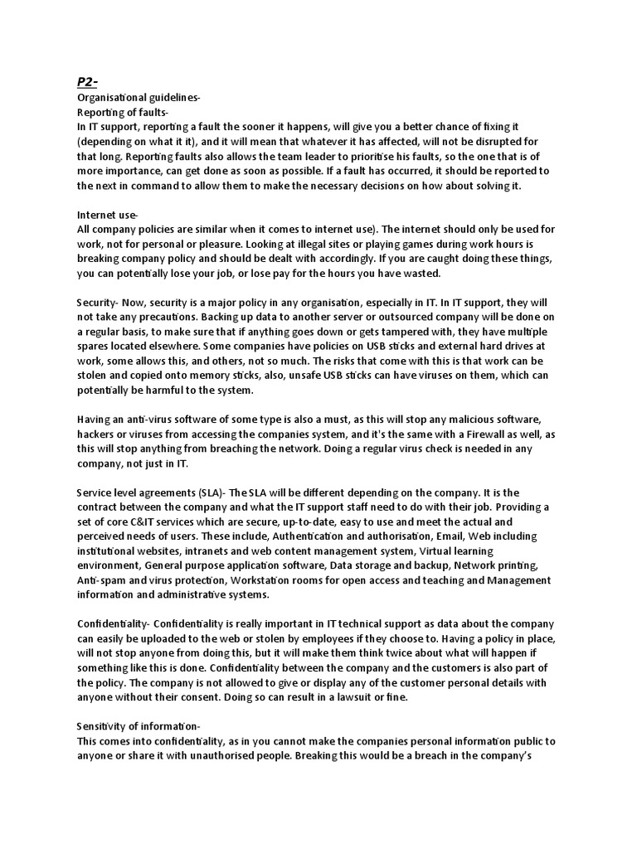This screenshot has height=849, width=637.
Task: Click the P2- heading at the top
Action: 86,82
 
